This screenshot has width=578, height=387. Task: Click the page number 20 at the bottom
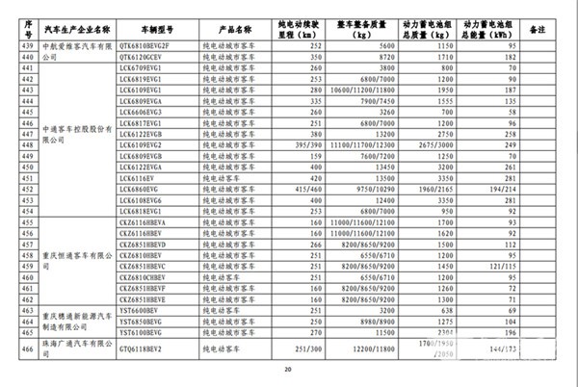(x=288, y=371)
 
